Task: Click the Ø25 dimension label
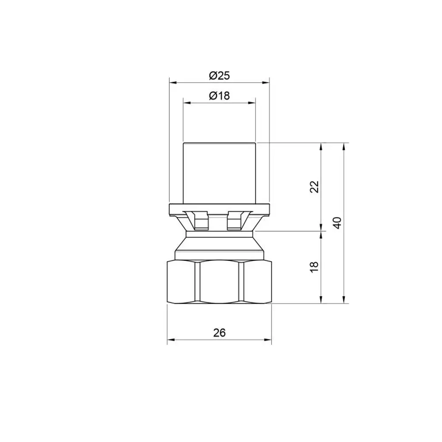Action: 219,76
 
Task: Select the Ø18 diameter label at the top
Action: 219,96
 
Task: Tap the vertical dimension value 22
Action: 314,187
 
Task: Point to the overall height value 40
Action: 337,223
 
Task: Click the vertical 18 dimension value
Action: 314,267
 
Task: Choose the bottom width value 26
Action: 219,333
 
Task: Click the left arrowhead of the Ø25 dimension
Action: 173,83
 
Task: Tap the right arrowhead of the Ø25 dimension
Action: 266,83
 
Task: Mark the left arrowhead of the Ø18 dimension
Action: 187,103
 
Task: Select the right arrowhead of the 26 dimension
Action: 267,339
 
